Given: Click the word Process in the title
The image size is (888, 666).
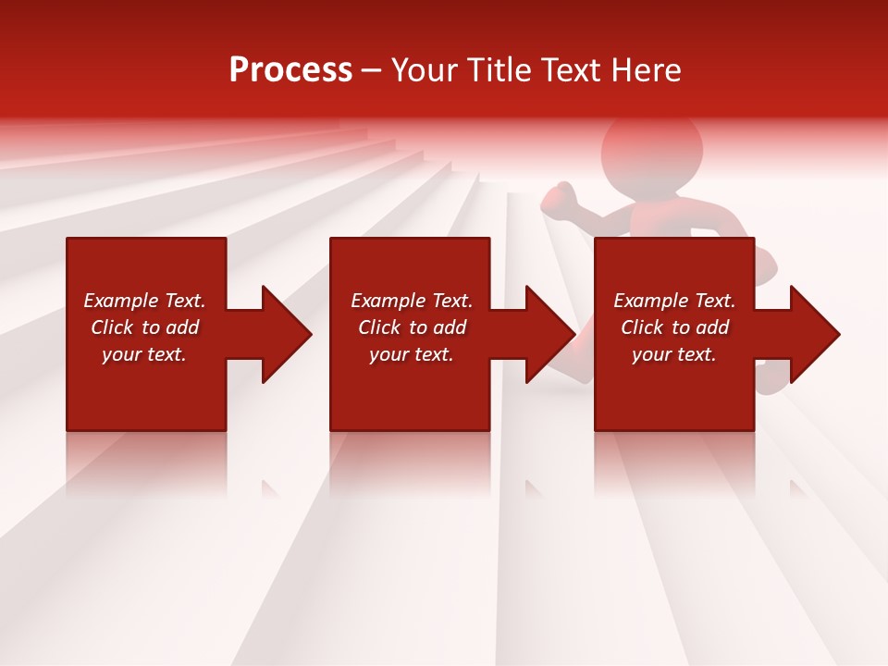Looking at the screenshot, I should point(290,70).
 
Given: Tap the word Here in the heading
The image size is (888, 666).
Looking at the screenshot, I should point(647,70).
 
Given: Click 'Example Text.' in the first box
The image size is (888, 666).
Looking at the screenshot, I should point(144,301).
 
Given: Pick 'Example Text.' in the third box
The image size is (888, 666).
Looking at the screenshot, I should point(674,301).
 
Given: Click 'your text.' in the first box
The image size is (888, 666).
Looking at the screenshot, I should point(144,354).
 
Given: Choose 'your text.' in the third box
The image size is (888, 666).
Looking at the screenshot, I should point(674,354).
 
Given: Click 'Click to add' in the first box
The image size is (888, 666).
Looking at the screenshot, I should point(144,327).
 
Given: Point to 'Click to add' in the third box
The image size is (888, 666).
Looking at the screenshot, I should point(674,327).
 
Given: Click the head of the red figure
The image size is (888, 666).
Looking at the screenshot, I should point(652,148).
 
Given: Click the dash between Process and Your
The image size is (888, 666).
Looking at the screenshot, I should point(371,71).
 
